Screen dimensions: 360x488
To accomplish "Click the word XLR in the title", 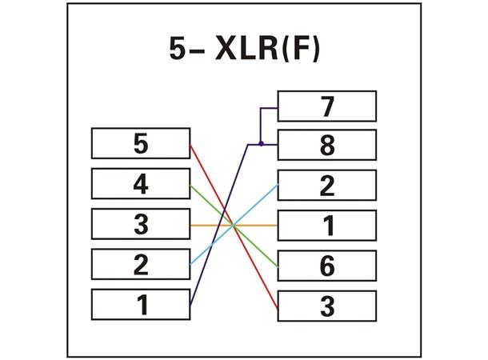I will coord(241,50).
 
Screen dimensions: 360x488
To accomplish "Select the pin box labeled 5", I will coord(141,144).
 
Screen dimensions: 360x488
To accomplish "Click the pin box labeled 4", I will coord(141,184).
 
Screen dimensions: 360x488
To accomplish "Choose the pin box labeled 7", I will coord(326,106).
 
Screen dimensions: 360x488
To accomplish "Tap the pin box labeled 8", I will coord(326,146).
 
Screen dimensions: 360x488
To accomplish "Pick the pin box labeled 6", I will coord(326,266).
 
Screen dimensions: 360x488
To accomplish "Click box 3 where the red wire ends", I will coord(326,306).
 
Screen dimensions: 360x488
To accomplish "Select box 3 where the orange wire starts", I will coord(141,224).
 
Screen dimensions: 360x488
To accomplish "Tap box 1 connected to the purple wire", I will coord(141,305).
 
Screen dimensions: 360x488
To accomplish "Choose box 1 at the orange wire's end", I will coord(326,226).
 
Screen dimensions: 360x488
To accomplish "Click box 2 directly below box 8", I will coord(326,186).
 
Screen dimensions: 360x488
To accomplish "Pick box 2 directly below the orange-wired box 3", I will coord(141,264).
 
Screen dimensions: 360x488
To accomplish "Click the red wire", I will coord(208,176).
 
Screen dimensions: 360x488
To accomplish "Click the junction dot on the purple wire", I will coord(261,144).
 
